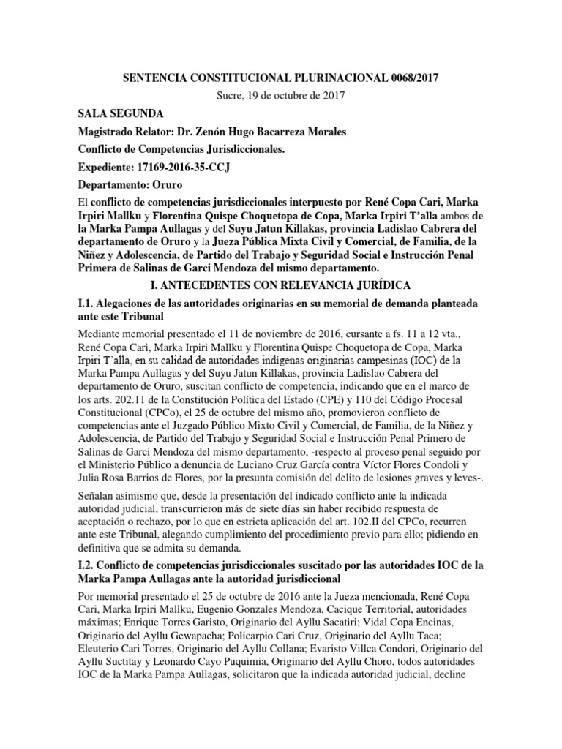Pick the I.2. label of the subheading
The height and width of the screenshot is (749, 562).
click(90, 566)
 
